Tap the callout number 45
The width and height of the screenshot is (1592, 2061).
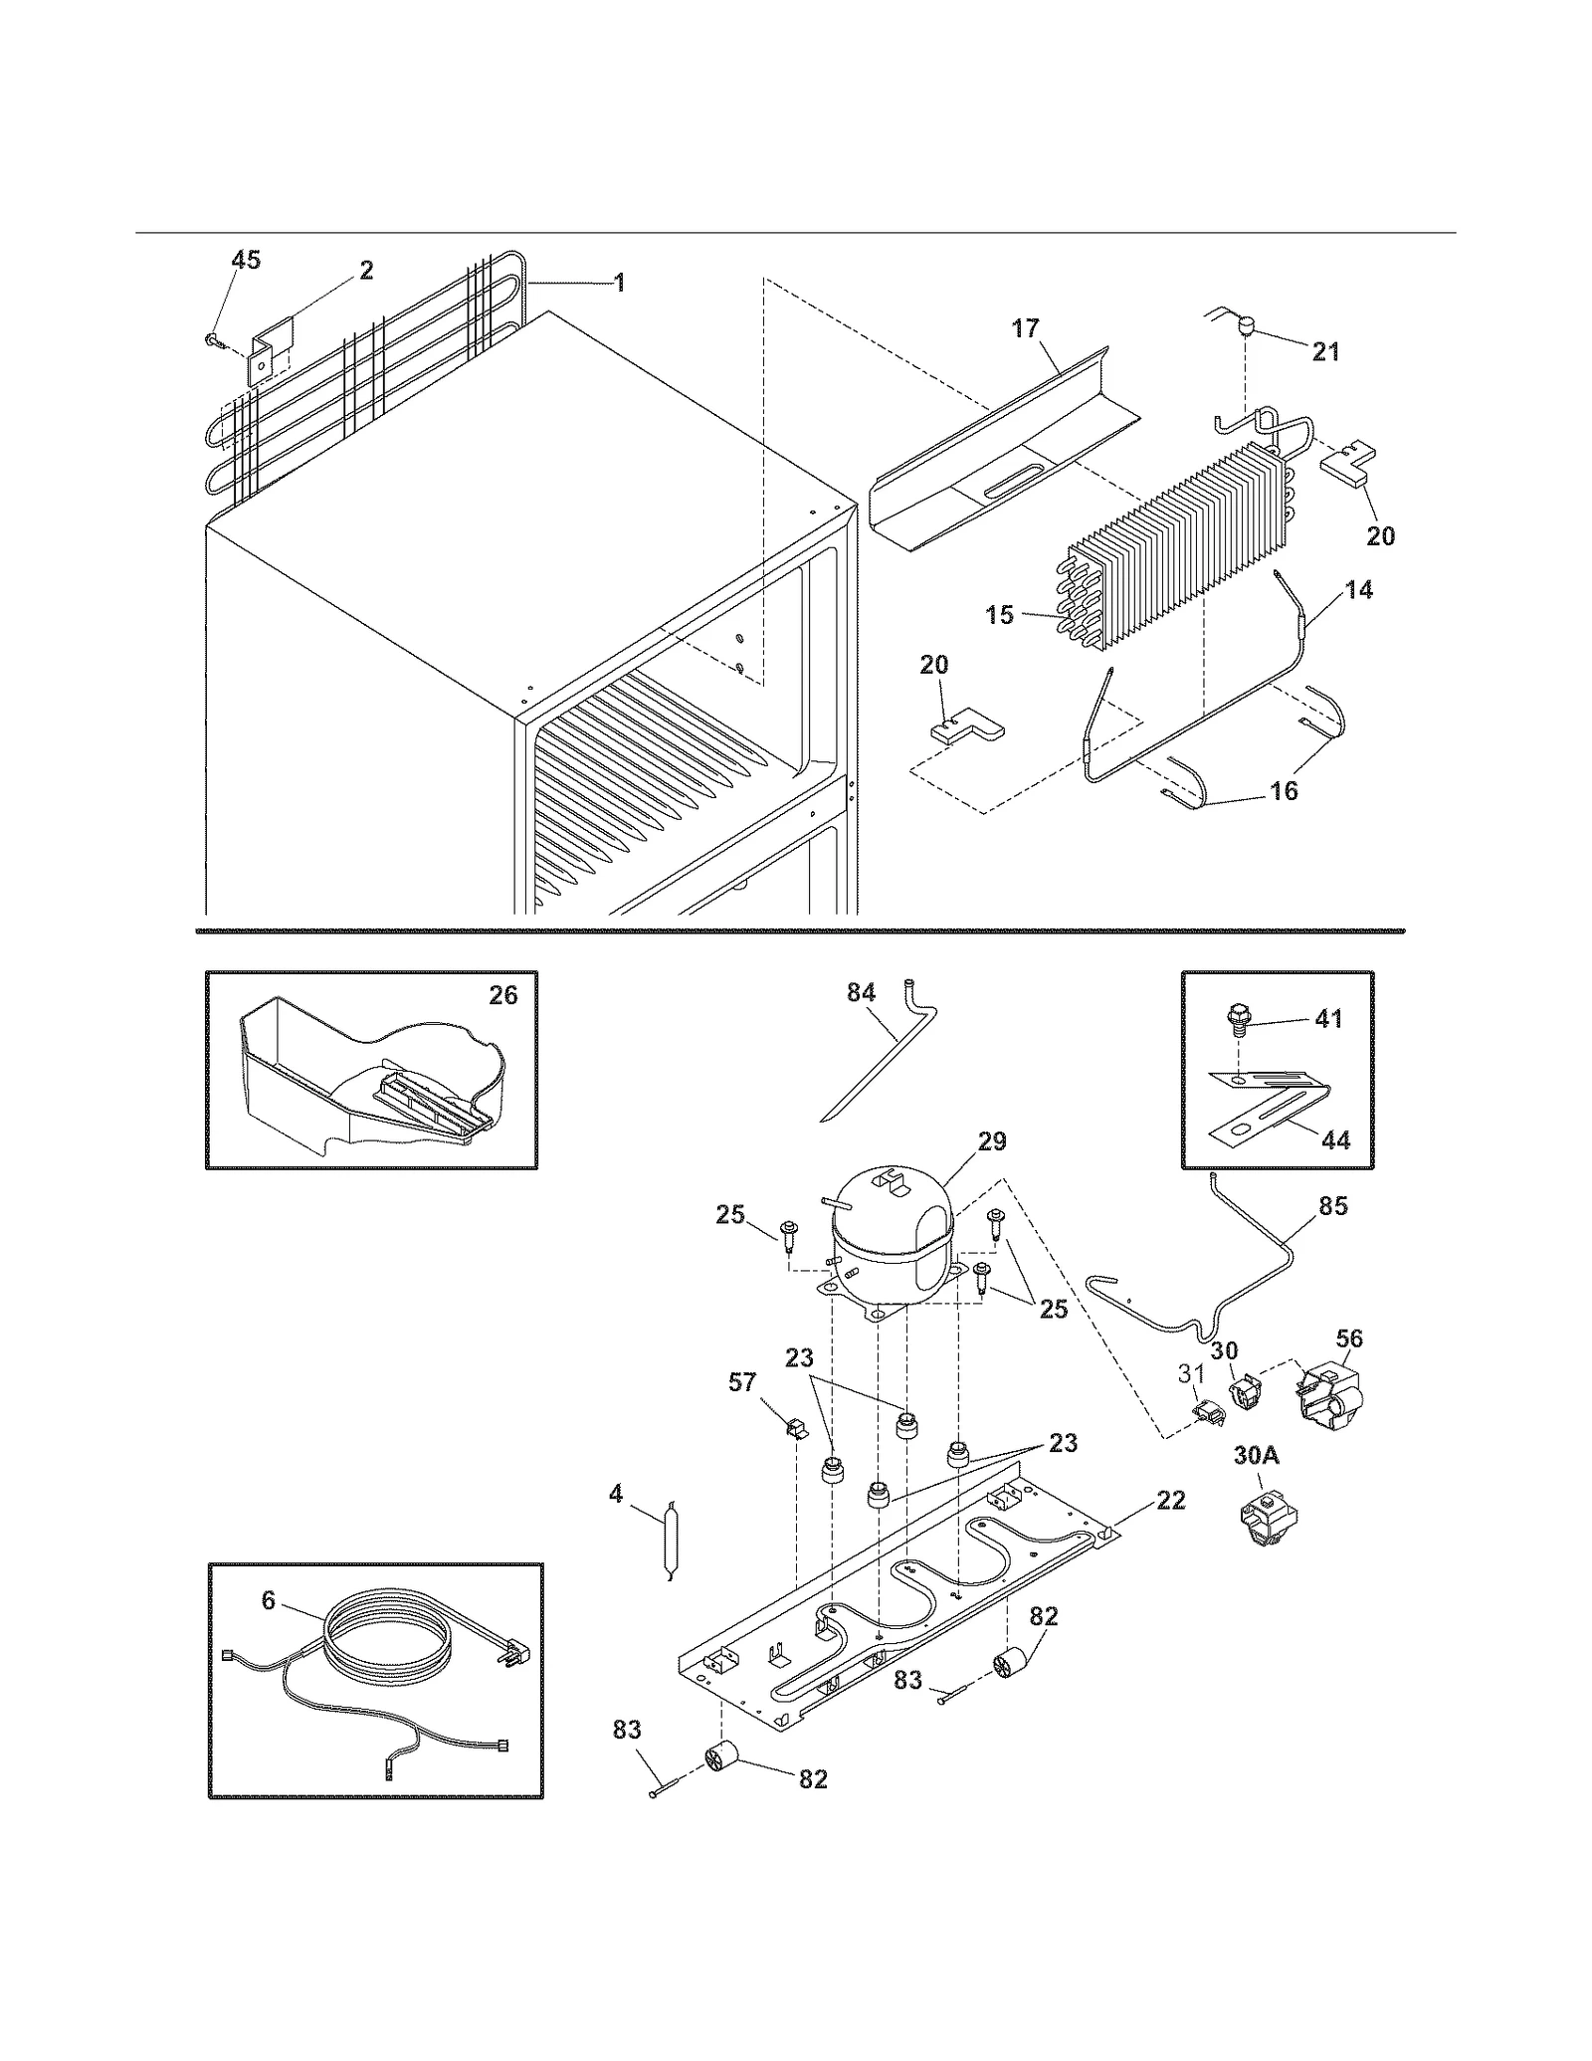(x=246, y=261)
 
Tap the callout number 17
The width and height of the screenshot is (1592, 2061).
(x=1026, y=328)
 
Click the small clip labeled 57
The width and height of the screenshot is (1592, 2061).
(x=797, y=1429)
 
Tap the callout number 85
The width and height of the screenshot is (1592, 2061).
(x=1332, y=1206)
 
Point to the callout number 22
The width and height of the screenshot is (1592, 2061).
(x=1171, y=1500)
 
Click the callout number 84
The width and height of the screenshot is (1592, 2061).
(x=862, y=992)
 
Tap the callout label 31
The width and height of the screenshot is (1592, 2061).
(x=1191, y=1373)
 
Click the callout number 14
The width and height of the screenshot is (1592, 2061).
(x=1358, y=590)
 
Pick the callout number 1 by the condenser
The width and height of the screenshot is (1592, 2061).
(x=619, y=283)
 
